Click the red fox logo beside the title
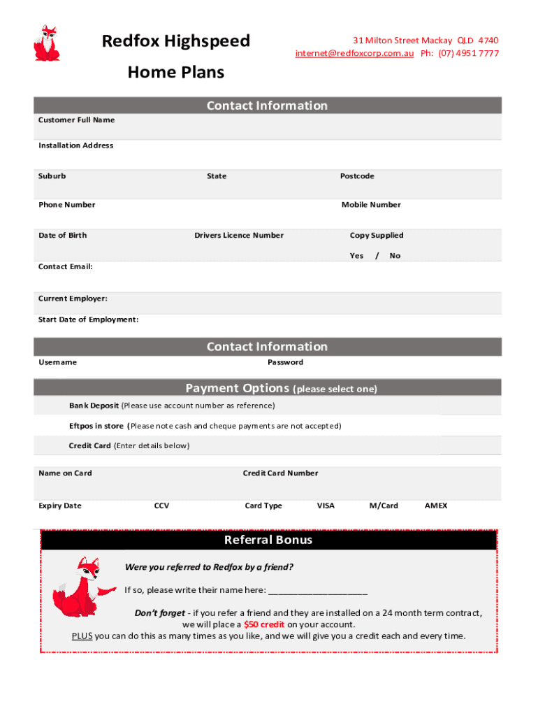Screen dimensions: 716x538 (x=46, y=43)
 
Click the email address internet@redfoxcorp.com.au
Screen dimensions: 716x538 (x=354, y=54)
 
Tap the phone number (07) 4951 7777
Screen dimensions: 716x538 (x=469, y=54)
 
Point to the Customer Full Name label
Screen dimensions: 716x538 (x=76, y=120)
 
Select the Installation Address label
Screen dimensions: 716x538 (x=75, y=145)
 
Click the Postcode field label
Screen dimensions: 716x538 (x=357, y=176)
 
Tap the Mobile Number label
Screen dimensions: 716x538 (x=371, y=205)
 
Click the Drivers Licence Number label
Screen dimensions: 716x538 (x=239, y=236)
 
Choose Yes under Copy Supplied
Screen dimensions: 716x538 (x=356, y=256)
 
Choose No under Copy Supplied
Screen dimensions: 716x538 (x=395, y=256)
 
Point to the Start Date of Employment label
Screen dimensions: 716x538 (x=88, y=320)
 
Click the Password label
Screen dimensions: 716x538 (x=285, y=362)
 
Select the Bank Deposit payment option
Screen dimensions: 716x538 (x=94, y=406)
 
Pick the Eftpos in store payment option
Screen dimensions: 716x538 (x=96, y=426)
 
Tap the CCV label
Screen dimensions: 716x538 (x=161, y=506)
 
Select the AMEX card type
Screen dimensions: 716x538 (x=436, y=506)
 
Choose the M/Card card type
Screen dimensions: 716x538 (x=384, y=506)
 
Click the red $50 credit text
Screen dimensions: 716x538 (x=264, y=624)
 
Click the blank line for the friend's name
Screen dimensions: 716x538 (x=318, y=591)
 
